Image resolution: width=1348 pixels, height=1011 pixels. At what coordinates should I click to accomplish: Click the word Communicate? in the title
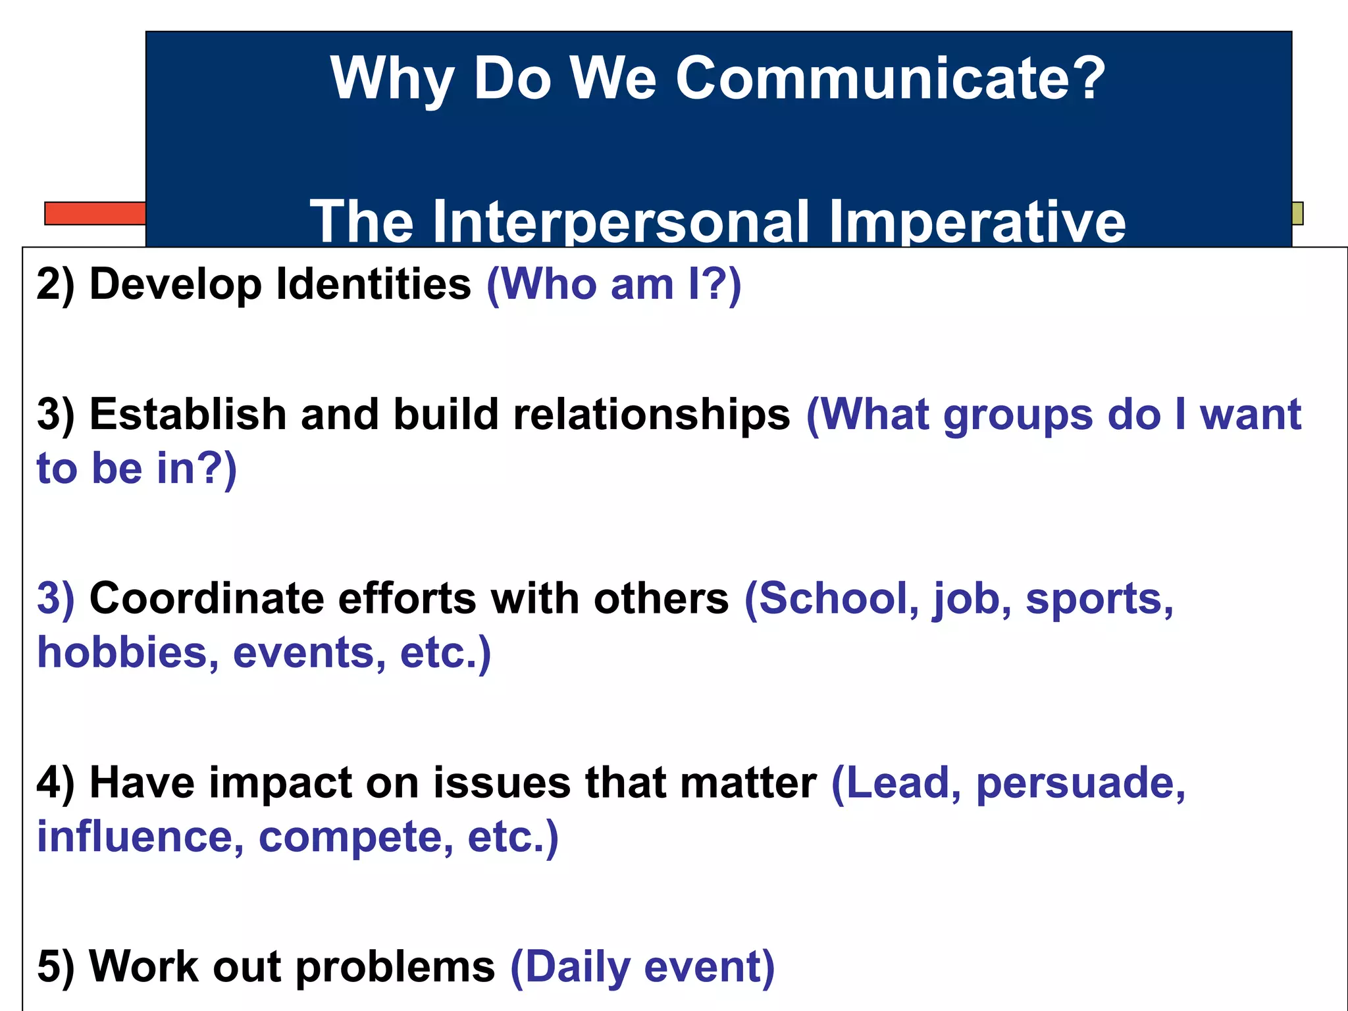pyautogui.click(x=890, y=79)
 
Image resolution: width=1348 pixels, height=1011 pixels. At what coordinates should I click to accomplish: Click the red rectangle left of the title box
pyautogui.click(x=95, y=213)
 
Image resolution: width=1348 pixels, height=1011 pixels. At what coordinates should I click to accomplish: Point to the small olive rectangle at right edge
pyautogui.click(x=1297, y=213)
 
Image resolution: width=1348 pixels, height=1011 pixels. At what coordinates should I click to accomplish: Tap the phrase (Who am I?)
pyautogui.click(x=613, y=284)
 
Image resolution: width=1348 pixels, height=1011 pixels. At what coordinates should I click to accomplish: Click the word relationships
pyautogui.click(x=652, y=415)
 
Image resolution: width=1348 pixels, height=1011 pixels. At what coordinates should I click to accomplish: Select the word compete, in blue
pyautogui.click(x=356, y=837)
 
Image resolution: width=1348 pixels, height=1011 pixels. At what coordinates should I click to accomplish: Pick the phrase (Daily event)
pyautogui.click(x=642, y=966)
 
